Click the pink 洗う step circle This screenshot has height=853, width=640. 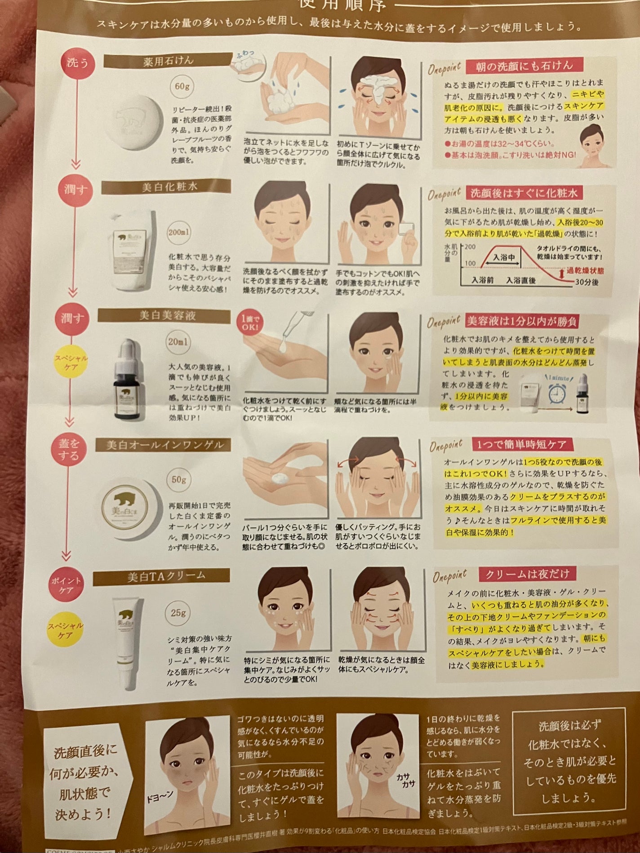click(x=77, y=63)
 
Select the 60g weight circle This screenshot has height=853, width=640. click(x=182, y=86)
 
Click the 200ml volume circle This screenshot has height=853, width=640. click(x=178, y=233)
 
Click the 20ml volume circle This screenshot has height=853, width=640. click(x=178, y=342)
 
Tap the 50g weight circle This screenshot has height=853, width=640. click(x=178, y=480)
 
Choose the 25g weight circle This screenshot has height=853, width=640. click(x=178, y=613)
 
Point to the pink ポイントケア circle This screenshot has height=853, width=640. click(x=66, y=585)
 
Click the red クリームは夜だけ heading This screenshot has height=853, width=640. click(x=527, y=574)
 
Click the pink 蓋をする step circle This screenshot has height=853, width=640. click(x=68, y=450)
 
